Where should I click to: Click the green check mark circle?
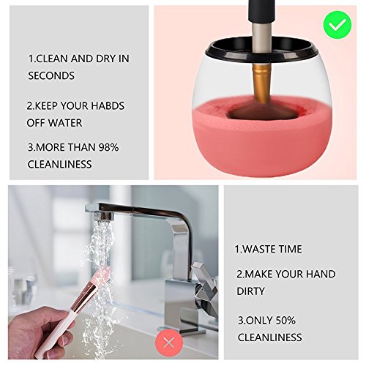pyautogui.click(x=337, y=25)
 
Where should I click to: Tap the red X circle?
pyautogui.click(x=169, y=343)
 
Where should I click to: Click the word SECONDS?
pyautogui.click(x=51, y=75)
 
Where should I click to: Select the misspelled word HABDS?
pyautogui.click(x=108, y=105)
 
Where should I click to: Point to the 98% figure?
pyautogui.click(x=108, y=147)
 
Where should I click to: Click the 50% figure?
pyautogui.click(x=285, y=321)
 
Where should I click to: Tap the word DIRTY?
pyautogui.click(x=250, y=291)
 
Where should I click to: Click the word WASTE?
pyautogui.click(x=260, y=249)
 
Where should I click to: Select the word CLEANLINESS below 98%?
pyautogui.click(x=59, y=164)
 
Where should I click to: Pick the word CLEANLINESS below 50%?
pyautogui.click(x=269, y=337)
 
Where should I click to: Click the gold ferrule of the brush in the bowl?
pyautogui.click(x=261, y=83)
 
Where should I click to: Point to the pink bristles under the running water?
pyautogui.click(x=102, y=274)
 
